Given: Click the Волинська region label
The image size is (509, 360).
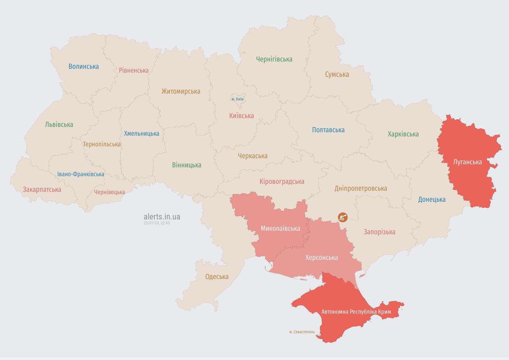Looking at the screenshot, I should pos(84,66).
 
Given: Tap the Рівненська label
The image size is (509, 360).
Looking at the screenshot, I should pos(134,70).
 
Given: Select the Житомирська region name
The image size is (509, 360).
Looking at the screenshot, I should pos(181,91).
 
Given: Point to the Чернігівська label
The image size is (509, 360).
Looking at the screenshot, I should pos(274,59).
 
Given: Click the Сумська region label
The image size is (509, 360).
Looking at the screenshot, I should pos(337,75).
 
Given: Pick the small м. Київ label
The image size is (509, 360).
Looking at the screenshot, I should pos(238,99).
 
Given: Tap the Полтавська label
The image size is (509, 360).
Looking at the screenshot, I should pos(328,130).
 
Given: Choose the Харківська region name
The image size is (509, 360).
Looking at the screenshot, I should pos(403,134).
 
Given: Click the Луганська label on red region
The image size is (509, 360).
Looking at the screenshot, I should pos(467,162).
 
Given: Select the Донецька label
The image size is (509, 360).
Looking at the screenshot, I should pos(431,199).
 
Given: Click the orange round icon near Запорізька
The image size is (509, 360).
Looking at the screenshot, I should pos(343,217).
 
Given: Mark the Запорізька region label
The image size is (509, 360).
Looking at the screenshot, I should pos(379,232).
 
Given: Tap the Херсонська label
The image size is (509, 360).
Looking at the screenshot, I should pos(322,258).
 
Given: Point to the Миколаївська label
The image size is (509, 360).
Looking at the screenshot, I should pos(280,229).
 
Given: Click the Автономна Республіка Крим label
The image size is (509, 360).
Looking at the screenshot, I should pos(356,312).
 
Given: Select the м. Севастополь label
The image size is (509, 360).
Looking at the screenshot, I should pos(302,332).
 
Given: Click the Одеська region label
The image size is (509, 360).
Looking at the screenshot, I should pos(217,277).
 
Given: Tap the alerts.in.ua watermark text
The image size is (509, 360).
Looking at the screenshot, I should pos(162,217).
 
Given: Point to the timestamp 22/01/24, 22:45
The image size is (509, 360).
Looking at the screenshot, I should pos(157,223).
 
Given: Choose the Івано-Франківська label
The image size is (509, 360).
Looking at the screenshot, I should pos(81,174).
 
